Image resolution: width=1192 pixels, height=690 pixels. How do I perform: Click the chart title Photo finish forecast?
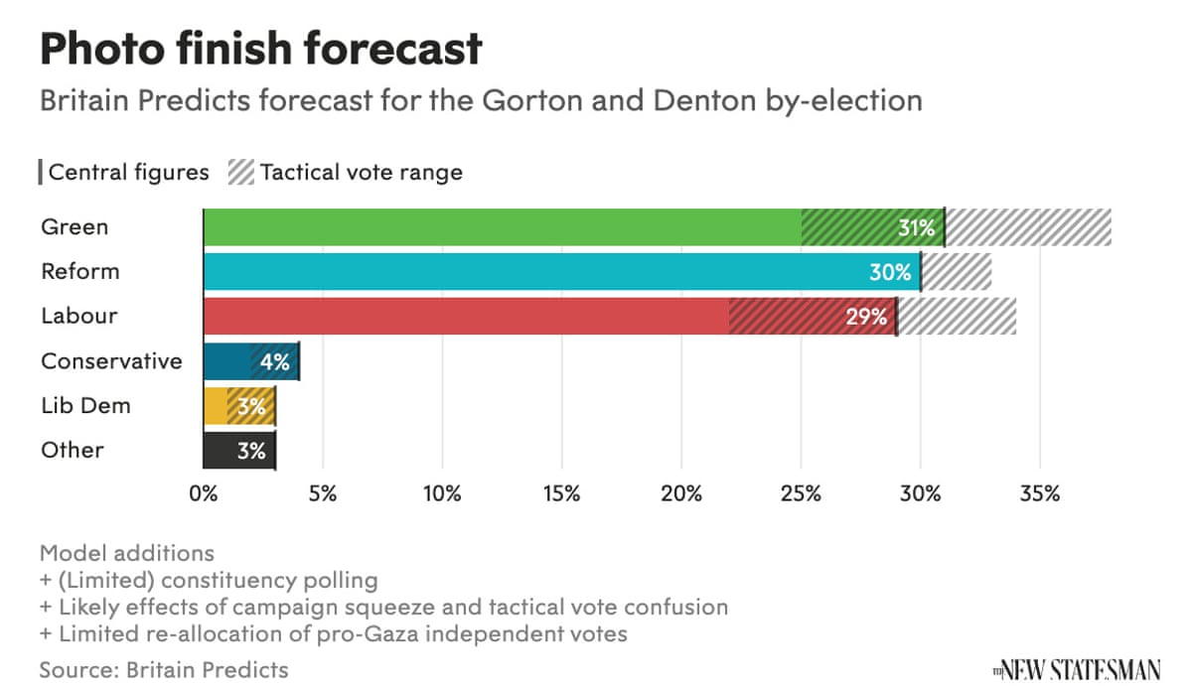261,48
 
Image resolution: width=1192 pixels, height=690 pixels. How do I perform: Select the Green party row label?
74,227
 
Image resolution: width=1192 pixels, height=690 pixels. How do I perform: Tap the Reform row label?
79,272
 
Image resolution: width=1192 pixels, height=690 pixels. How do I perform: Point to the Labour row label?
78,317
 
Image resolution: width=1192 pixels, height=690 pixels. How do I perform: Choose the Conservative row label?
111,361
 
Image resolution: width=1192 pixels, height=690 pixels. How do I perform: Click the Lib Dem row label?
85,406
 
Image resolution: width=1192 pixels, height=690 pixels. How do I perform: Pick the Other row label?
73,451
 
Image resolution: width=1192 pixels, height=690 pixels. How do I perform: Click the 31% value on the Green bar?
917,228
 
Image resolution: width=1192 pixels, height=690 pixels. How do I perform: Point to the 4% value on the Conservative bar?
274,362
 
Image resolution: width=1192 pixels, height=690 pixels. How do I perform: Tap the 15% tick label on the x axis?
561,493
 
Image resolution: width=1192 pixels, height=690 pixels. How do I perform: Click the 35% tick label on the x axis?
1039,493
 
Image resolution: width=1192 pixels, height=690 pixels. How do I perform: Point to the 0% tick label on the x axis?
204,493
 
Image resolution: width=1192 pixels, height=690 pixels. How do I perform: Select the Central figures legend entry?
124,173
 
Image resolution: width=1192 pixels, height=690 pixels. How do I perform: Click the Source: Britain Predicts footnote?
164,669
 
